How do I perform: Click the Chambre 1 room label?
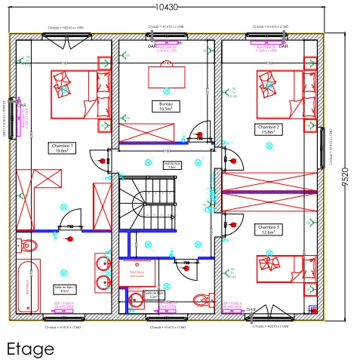(x=62, y=148)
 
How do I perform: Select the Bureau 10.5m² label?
(x=166, y=106)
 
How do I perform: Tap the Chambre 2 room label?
(x=269, y=131)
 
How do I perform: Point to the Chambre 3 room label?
(x=268, y=229)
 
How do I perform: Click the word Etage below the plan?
(x=30, y=349)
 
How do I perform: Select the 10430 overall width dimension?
(x=166, y=7)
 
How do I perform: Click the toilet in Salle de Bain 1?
(x=29, y=245)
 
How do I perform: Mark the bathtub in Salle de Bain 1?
(x=28, y=286)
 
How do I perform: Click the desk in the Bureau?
(x=166, y=77)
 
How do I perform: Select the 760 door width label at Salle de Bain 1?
(x=69, y=226)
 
